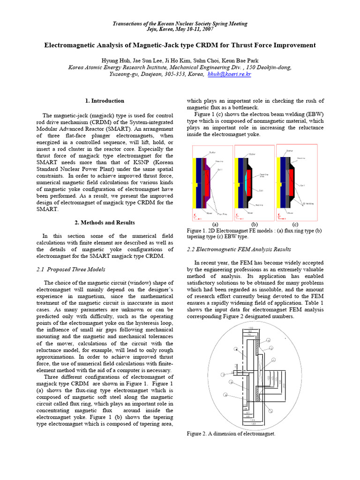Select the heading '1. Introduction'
(105, 101)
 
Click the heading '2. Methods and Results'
(105, 222)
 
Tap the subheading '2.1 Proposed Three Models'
(71, 269)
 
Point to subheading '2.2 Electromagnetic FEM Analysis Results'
(239, 249)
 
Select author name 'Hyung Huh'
(115, 61)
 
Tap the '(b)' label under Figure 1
(255, 224)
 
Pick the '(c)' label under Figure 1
(296, 224)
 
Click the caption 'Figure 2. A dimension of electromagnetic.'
(231, 434)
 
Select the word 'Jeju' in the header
(153, 29)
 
